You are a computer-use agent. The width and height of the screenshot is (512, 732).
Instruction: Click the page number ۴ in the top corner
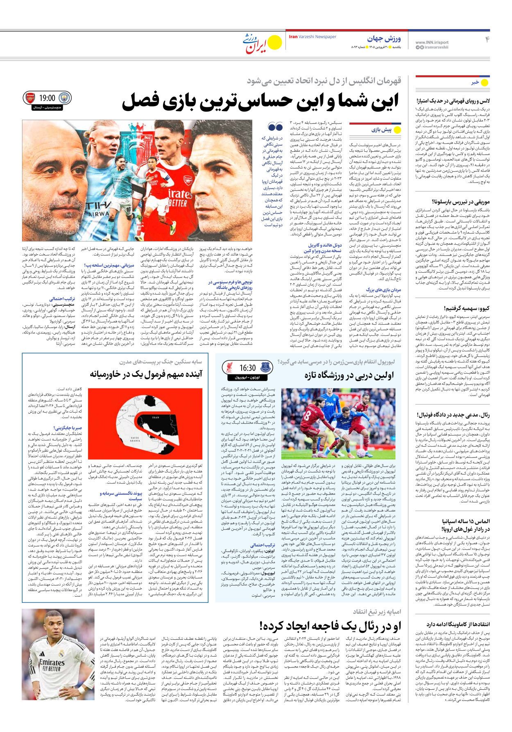tap(487, 40)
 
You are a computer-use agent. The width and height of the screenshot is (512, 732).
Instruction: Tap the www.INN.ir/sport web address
tap(432, 42)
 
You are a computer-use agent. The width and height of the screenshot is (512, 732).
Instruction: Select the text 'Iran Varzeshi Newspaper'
tap(313, 37)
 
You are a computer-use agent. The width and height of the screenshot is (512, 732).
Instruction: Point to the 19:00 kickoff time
tap(47, 98)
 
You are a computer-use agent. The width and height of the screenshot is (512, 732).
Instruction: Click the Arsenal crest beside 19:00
tap(30, 98)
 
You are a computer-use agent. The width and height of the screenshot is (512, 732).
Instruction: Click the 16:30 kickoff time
tap(247, 368)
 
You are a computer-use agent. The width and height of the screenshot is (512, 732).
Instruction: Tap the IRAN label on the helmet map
tap(156, 417)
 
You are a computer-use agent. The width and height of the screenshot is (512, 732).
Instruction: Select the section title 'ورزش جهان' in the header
tap(384, 39)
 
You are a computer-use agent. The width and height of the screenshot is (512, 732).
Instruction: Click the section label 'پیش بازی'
tap(381, 130)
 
